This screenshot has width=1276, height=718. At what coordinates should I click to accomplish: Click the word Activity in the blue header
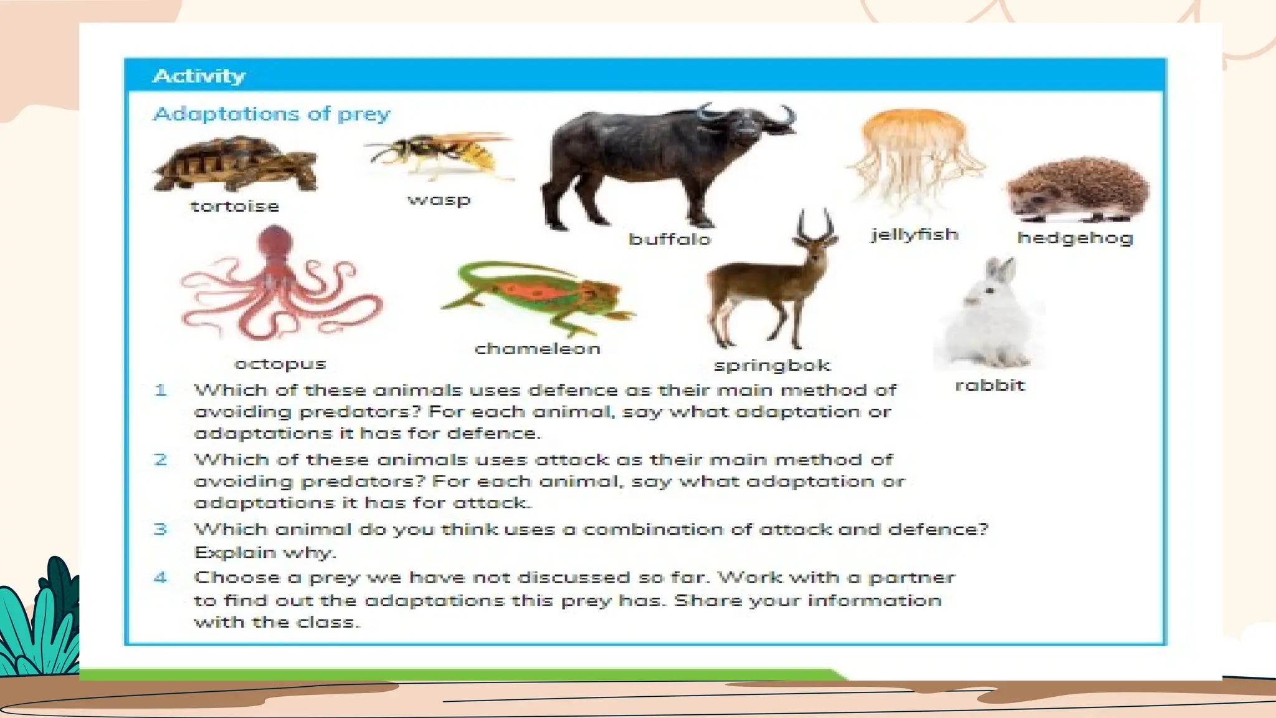coord(199,76)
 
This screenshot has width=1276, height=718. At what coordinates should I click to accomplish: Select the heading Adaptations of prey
coord(272,114)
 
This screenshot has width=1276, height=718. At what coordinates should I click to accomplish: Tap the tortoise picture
coord(236,164)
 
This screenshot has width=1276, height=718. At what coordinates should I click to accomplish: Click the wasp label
coord(439,200)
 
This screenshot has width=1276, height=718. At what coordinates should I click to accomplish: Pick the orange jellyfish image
coord(914,156)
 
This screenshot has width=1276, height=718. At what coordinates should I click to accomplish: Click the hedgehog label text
coord(1075,237)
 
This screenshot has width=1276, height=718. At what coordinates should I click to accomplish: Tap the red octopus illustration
coord(278,287)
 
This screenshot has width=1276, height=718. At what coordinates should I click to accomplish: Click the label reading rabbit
coord(989,385)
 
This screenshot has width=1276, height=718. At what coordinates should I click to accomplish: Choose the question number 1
coord(161,390)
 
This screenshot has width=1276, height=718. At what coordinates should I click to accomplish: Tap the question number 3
coord(161,529)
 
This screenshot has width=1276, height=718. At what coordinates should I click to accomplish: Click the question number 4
coord(161,577)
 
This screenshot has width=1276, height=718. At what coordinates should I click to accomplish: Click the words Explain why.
coord(265,553)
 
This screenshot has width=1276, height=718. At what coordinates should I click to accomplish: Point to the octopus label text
coord(280,364)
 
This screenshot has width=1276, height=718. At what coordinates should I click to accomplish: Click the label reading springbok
coord(772,365)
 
